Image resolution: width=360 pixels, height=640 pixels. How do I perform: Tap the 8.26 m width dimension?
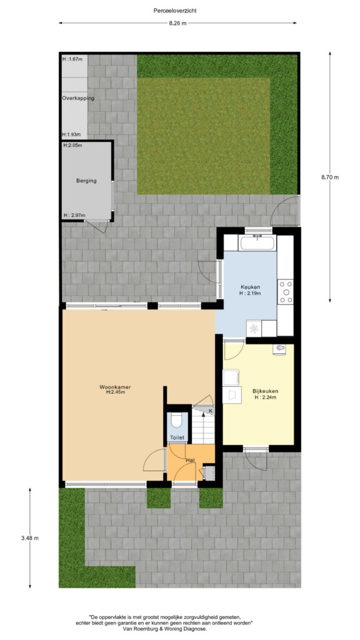pyautogui.click(x=177, y=23)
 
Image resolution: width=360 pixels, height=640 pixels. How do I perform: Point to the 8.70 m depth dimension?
pyautogui.click(x=330, y=177)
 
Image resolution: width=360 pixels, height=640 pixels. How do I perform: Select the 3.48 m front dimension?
pyautogui.click(x=30, y=538)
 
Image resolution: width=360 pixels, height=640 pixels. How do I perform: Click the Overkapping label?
pyautogui.click(x=78, y=98)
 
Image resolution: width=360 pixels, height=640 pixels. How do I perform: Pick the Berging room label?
pyautogui.click(x=86, y=181)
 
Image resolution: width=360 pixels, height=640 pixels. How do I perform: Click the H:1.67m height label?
pyautogui.click(x=72, y=59)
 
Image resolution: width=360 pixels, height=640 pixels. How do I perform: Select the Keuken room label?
pyautogui.click(x=250, y=287)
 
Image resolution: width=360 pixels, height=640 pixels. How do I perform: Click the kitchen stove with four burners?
pyautogui.click(x=286, y=291)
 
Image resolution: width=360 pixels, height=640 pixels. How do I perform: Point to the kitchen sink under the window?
pyautogui.click(x=257, y=243)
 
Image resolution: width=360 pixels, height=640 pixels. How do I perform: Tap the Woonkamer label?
pyautogui.click(x=115, y=387)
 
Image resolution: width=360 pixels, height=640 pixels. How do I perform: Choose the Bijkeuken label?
pyautogui.click(x=266, y=391)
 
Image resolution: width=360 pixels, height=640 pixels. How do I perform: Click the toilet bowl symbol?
pyautogui.click(x=177, y=421)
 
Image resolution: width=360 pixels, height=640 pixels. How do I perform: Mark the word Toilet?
pyautogui.click(x=177, y=438)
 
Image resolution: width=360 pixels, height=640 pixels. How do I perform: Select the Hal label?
pyautogui.click(x=190, y=460)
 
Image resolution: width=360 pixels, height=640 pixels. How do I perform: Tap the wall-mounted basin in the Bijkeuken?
pyautogui.click(x=279, y=350)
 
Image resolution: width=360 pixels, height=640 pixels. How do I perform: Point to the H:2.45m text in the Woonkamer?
pyautogui.click(x=115, y=392)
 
